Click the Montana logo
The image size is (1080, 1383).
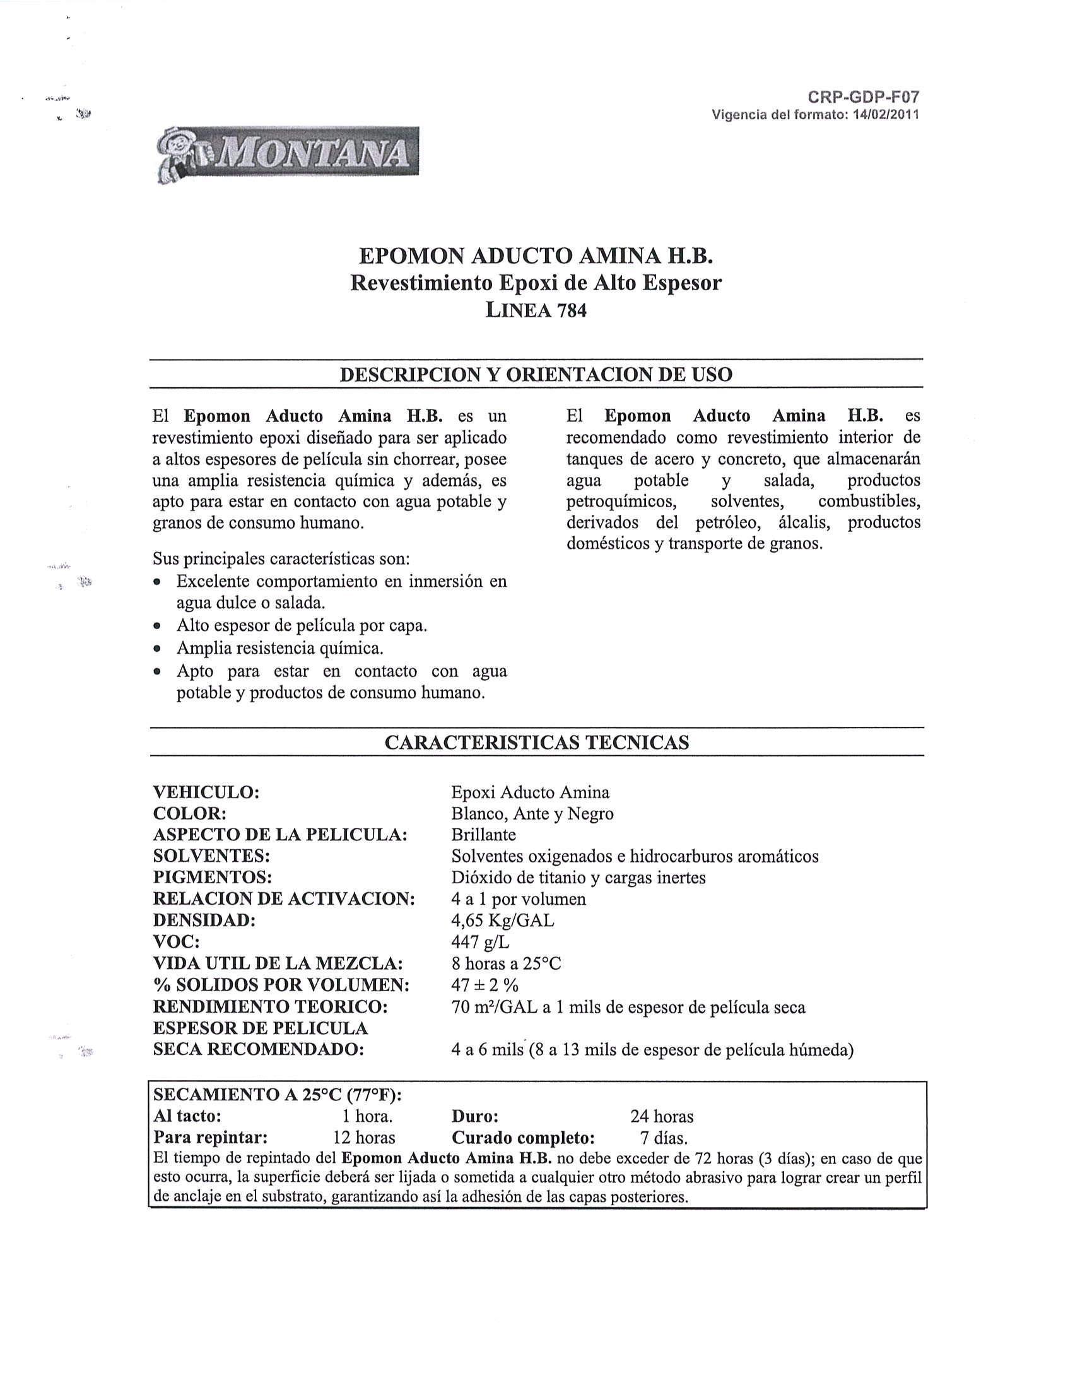pyautogui.click(x=287, y=155)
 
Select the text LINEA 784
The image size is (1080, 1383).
pyautogui.click(x=536, y=310)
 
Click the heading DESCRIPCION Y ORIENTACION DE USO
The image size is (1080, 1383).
pyautogui.click(x=536, y=374)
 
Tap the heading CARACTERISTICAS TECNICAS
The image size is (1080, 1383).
pyautogui.click(x=536, y=742)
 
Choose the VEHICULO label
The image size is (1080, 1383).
pyautogui.click(x=206, y=792)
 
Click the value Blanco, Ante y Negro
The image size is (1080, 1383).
pyautogui.click(x=532, y=814)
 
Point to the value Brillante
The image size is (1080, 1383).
pyautogui.click(x=483, y=835)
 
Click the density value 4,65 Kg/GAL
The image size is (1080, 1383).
pyautogui.click(x=502, y=920)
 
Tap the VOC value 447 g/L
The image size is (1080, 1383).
pyautogui.click(x=480, y=942)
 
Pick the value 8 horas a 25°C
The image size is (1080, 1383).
pyautogui.click(x=506, y=964)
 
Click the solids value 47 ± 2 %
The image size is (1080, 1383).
pyautogui.click(x=484, y=986)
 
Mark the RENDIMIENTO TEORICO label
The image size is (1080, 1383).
pyautogui.click(x=271, y=1007)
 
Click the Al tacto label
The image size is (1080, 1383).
pyautogui.click(x=187, y=1115)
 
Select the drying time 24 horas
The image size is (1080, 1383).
pyautogui.click(x=662, y=1116)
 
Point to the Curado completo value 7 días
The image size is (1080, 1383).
pyautogui.click(x=664, y=1138)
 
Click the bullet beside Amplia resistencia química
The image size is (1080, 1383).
pyautogui.click(x=158, y=649)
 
